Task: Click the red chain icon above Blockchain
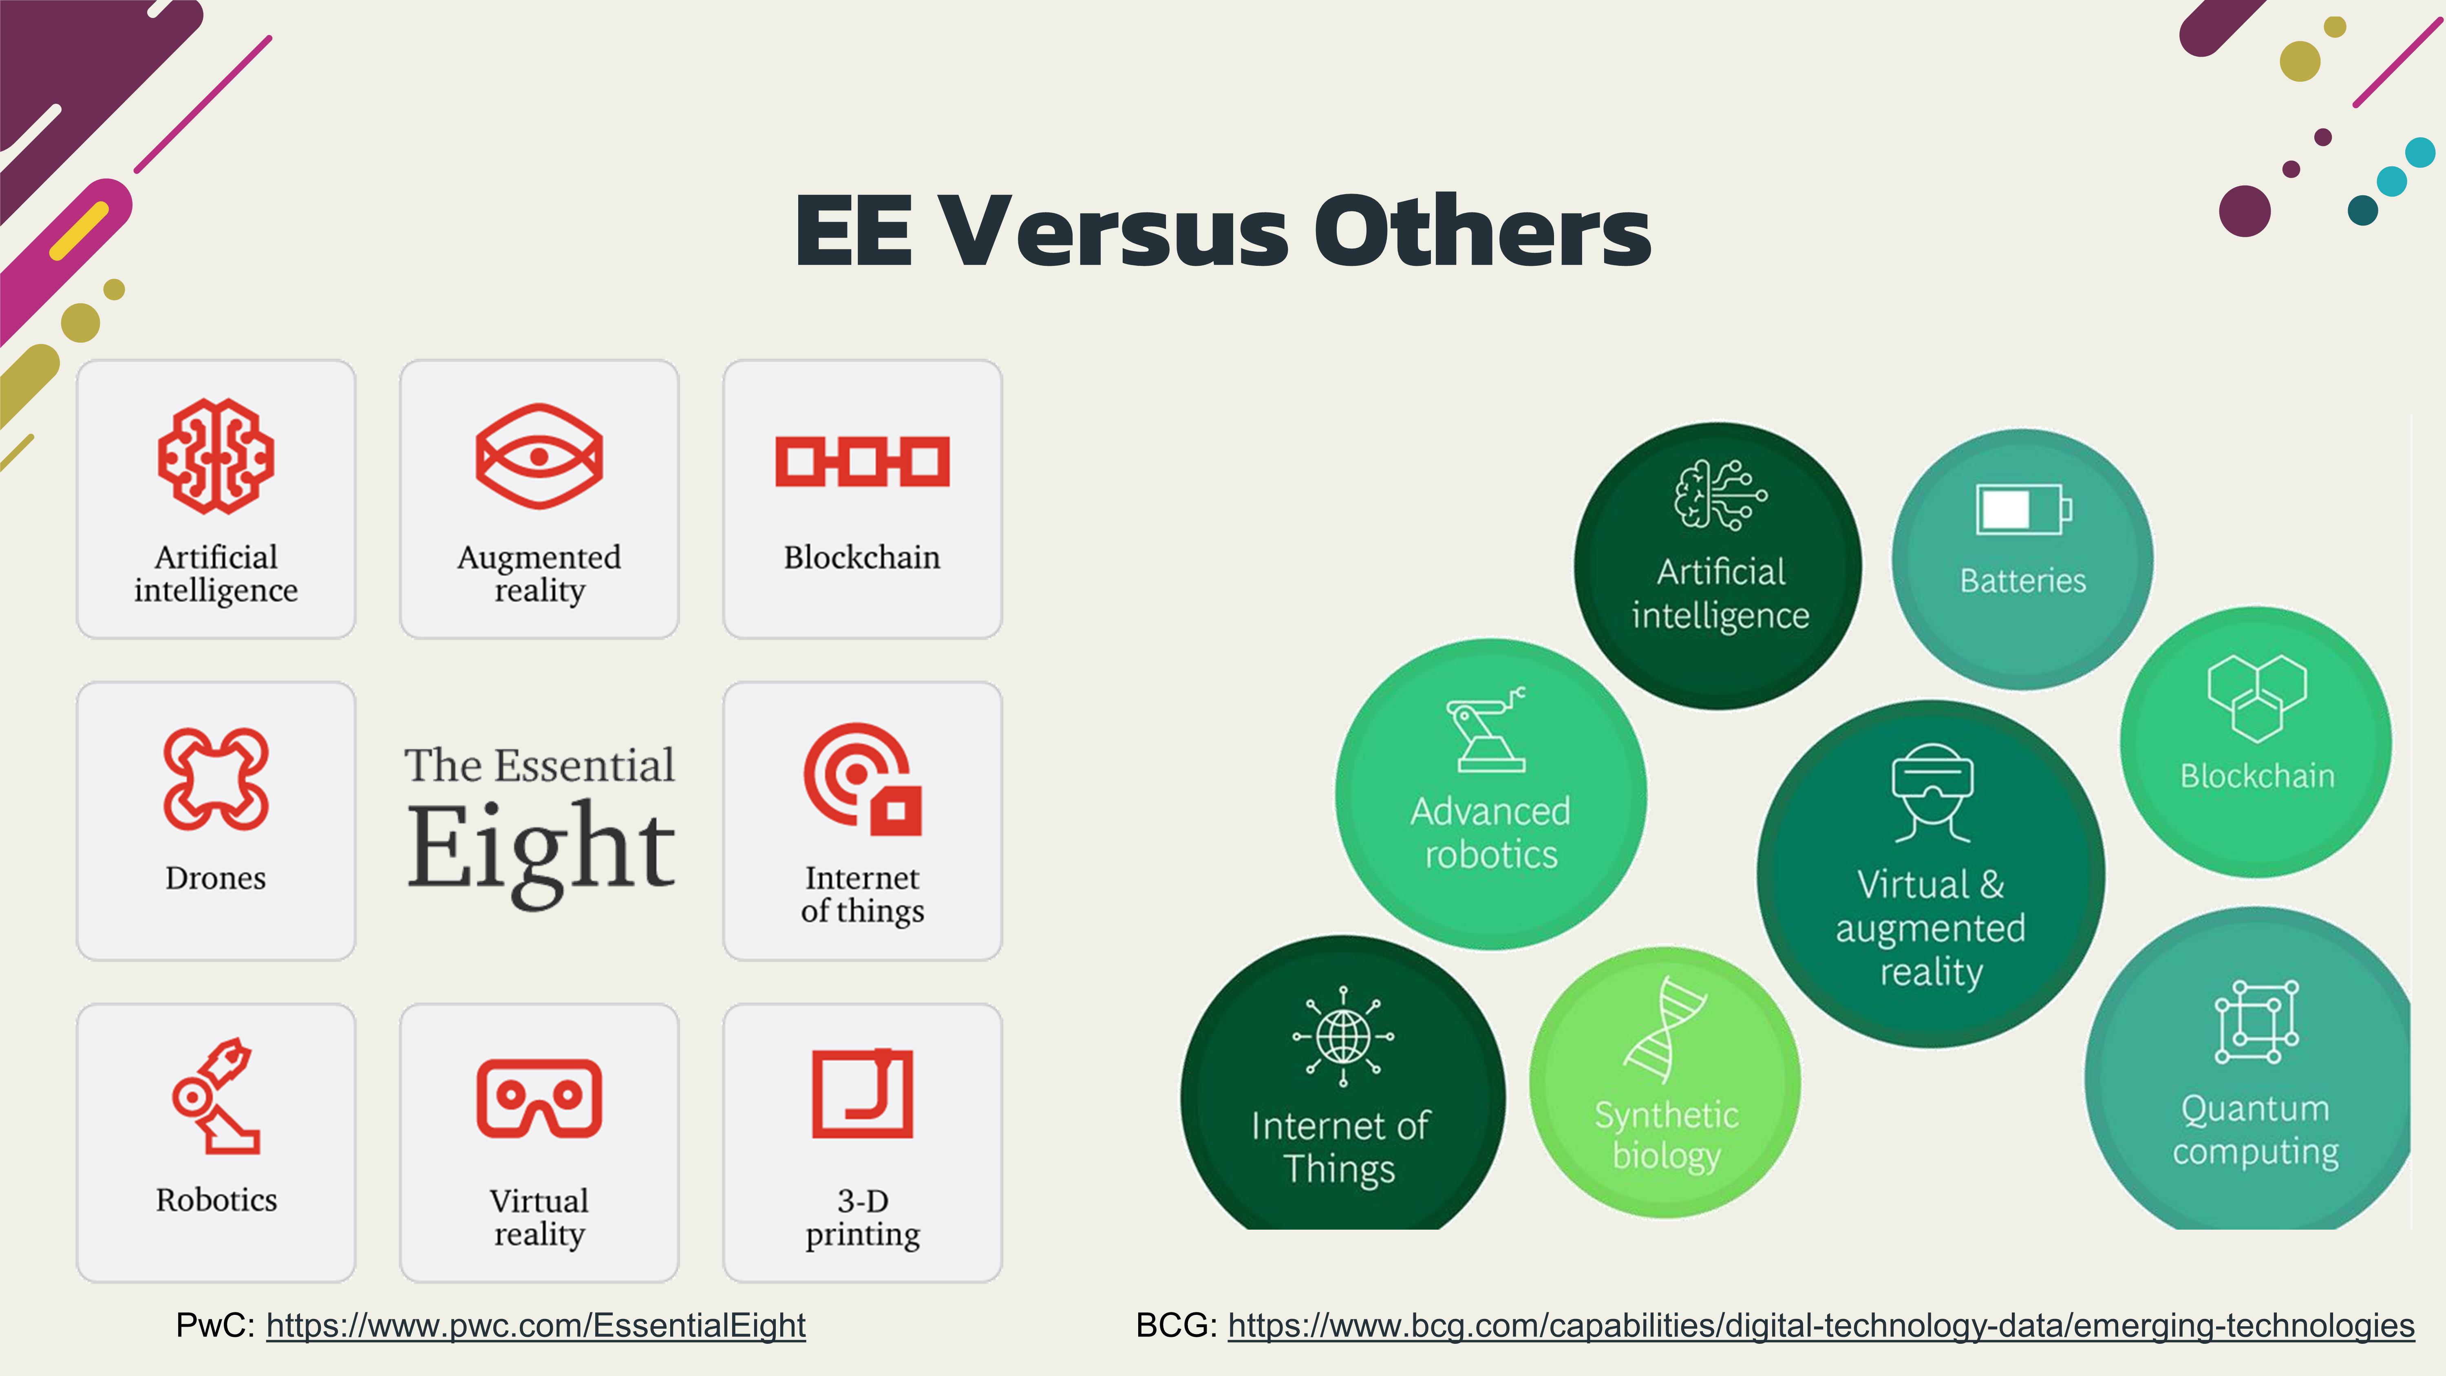(x=862, y=462)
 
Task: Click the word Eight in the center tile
(x=541, y=850)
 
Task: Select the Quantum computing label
(x=2255, y=1130)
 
